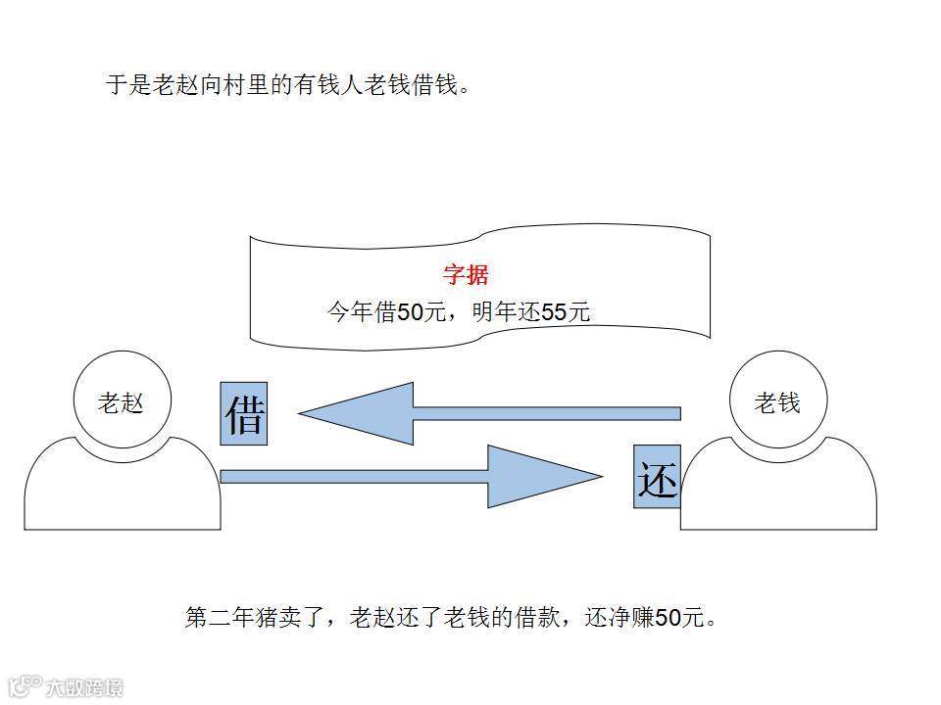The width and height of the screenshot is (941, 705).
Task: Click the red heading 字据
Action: click(x=466, y=275)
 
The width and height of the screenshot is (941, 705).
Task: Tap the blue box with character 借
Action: click(x=244, y=414)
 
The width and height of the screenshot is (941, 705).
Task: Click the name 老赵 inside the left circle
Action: click(x=122, y=402)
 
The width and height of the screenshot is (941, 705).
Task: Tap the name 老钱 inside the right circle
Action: click(x=777, y=402)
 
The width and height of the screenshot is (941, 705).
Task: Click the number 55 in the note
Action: click(x=555, y=312)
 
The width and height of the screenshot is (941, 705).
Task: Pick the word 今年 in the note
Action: click(x=350, y=312)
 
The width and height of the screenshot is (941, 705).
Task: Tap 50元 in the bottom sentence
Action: click(x=680, y=618)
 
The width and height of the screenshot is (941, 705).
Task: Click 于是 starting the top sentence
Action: click(x=129, y=85)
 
